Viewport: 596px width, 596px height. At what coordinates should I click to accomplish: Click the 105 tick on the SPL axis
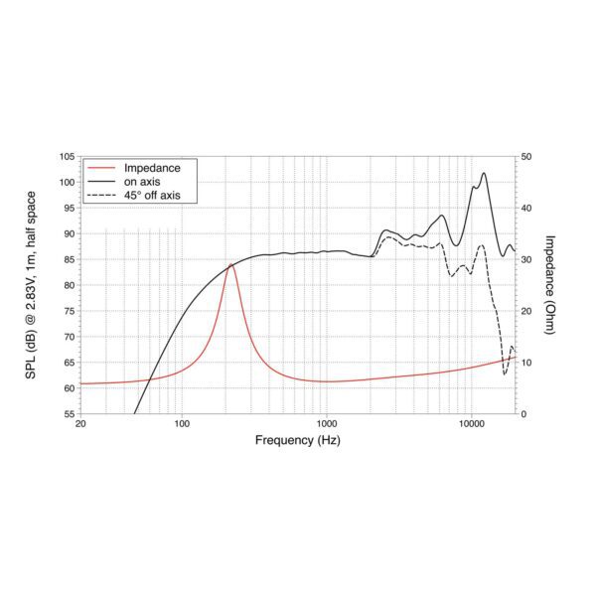tap(67, 157)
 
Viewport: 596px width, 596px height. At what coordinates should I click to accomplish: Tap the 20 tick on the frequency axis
tap(80, 424)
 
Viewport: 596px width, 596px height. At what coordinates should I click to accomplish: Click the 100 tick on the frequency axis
tap(182, 424)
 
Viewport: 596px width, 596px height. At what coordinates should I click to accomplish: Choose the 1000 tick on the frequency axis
tap(326, 424)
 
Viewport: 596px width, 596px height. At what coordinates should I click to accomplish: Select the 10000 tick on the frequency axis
tap(471, 424)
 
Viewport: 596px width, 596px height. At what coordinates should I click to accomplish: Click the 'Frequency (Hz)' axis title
tap(298, 439)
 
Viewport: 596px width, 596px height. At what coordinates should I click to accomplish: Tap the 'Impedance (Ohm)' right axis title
tap(550, 285)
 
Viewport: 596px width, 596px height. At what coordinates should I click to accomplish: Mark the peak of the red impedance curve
tap(230, 264)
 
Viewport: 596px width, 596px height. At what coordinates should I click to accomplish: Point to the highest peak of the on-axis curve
tap(484, 173)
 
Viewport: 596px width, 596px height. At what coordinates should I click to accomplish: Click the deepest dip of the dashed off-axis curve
tap(505, 373)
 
